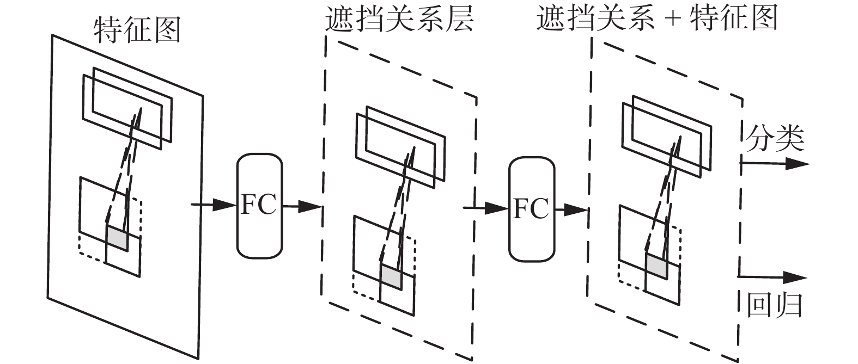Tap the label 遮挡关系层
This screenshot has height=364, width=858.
pos(399,20)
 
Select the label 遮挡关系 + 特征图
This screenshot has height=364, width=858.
pos(656,20)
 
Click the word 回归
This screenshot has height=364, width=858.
pos(774,305)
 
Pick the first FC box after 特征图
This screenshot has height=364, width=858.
pos(259,206)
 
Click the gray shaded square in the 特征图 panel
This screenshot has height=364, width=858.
pos(117,238)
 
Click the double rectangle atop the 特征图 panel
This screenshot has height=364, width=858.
pos(127,107)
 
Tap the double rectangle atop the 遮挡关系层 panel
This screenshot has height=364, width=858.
pos(401,146)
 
